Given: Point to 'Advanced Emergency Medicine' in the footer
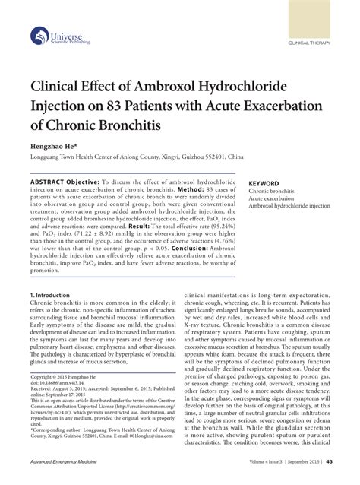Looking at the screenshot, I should (x=68, y=463).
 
